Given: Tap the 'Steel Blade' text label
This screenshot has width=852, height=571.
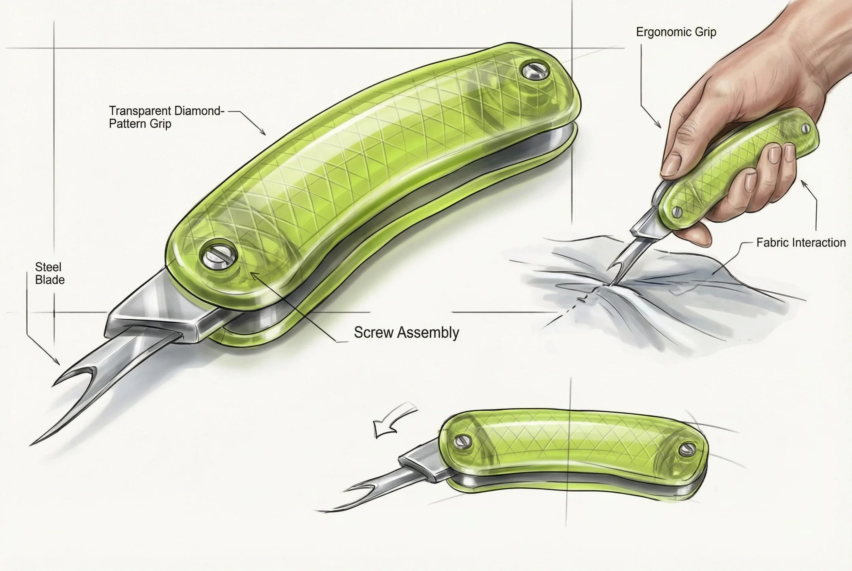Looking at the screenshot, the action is point(49,273).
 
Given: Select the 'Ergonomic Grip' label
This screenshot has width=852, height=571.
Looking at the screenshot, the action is point(676,32).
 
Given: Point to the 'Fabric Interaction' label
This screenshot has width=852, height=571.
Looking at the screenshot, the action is point(801,242).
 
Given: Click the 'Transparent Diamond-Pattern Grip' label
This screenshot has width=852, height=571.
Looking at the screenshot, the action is point(166,117).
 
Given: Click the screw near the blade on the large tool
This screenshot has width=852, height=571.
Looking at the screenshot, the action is point(218,254).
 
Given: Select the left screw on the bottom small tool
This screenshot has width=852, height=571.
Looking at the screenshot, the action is point(462,442).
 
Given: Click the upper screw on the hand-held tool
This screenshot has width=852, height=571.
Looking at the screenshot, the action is point(806,128).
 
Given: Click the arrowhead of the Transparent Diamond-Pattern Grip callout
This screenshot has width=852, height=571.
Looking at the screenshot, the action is point(264,133).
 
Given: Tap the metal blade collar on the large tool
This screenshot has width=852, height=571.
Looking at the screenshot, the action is point(153,313).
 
